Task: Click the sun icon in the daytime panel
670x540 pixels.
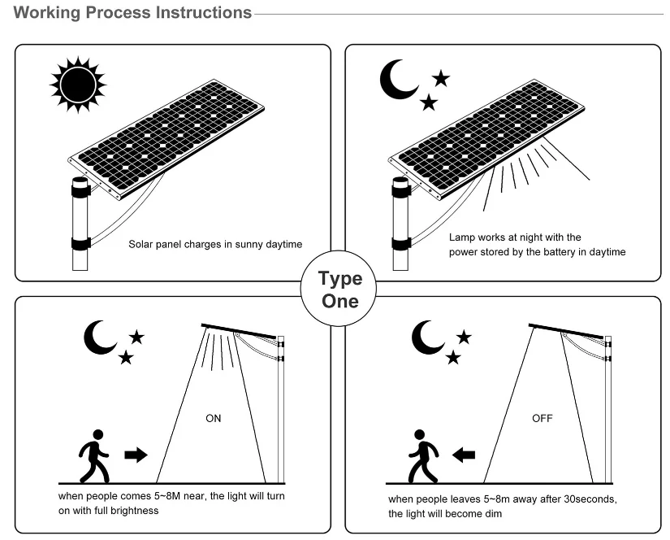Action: pos(78,84)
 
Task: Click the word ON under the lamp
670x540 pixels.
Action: pos(213,419)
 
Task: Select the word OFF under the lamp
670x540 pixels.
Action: pos(542,419)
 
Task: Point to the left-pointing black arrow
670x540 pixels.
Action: pos(464,455)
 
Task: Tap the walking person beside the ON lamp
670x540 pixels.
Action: pos(93,455)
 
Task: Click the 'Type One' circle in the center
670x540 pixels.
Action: pos(339,290)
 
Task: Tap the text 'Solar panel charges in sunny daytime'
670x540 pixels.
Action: pos(215,244)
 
